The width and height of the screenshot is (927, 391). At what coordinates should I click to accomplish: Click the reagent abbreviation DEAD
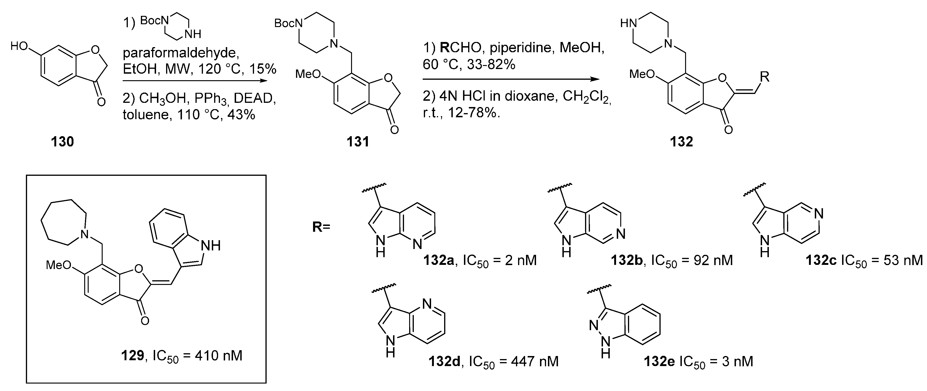click(x=255, y=98)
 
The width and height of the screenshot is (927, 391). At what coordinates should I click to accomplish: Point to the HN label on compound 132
click(x=629, y=24)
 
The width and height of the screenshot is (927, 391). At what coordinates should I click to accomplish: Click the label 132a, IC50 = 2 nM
click(x=480, y=260)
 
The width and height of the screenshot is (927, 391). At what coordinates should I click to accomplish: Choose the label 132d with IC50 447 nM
click(x=493, y=361)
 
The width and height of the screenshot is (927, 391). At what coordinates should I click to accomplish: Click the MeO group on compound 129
click(x=58, y=265)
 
